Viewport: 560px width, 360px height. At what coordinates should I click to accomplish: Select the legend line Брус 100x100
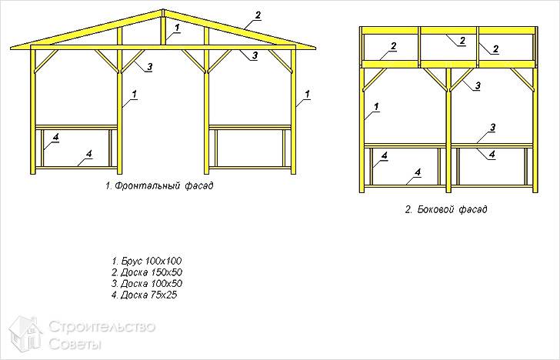(x=147, y=261)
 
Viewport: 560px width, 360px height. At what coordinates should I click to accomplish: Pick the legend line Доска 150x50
(x=147, y=272)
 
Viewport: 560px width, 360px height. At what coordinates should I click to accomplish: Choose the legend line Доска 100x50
(x=147, y=284)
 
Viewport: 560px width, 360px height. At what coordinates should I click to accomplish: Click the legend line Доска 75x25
(x=144, y=295)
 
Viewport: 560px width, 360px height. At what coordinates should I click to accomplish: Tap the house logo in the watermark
(x=25, y=334)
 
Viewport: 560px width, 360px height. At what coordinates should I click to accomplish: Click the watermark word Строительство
(x=102, y=327)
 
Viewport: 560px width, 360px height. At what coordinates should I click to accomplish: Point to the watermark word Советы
(x=75, y=344)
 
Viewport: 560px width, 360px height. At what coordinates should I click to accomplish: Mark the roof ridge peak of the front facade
(x=163, y=10)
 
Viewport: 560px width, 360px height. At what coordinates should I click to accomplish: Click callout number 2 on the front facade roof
(x=258, y=15)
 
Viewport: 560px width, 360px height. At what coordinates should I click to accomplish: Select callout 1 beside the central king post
(x=178, y=27)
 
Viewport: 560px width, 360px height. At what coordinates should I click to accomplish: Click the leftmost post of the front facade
(x=33, y=112)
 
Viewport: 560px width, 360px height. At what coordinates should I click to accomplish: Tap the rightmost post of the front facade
(x=293, y=112)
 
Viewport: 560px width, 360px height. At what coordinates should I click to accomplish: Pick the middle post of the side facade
(x=448, y=130)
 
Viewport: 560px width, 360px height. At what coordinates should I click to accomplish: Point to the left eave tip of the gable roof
(x=11, y=48)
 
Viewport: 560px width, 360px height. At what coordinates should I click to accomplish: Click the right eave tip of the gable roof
(x=315, y=48)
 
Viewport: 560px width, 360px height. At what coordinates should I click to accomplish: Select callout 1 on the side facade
(x=376, y=107)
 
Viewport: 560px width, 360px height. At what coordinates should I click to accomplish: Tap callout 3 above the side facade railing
(x=492, y=128)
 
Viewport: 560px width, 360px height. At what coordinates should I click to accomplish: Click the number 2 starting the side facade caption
(x=408, y=209)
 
